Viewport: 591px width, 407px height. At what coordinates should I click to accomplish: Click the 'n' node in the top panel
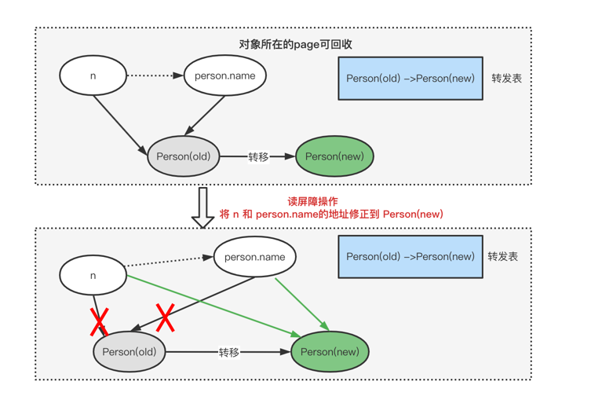93,76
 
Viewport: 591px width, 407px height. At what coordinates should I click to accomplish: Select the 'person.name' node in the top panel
224,76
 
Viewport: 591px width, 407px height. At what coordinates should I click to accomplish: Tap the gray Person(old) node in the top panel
183,156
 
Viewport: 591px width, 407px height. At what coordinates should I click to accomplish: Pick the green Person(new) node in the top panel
334,156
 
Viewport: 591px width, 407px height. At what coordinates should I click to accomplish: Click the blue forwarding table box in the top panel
410,79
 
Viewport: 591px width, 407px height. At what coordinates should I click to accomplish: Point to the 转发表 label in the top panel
506,79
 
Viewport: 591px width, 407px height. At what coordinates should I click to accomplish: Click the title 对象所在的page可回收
295,45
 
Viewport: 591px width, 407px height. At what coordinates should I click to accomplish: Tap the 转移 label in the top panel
258,157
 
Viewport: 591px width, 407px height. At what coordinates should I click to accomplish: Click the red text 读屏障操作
312,201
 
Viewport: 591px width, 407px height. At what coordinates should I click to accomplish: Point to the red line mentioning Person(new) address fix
331,214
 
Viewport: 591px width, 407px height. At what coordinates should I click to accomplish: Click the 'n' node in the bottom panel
93,276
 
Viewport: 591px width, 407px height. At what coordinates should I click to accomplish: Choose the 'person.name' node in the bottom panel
254,257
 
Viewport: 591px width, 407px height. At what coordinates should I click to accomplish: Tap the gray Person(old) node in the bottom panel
130,352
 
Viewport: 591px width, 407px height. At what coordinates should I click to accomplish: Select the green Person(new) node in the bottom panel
330,352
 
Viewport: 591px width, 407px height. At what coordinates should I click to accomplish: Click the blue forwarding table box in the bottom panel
410,257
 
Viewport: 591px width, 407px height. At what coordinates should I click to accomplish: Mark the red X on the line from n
99,321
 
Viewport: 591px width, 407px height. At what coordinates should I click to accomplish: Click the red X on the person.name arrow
165,317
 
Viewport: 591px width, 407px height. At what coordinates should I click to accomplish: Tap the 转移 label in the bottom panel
228,353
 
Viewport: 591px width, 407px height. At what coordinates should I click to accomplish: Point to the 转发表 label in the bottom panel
502,257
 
